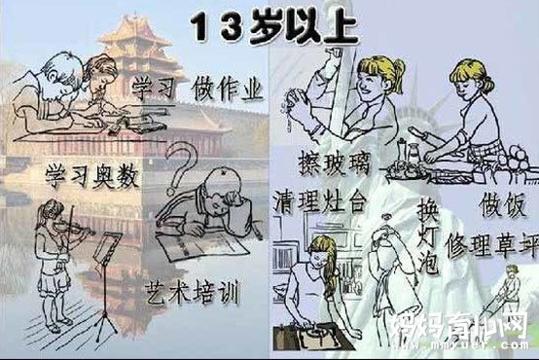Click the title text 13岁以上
pyautogui.click(x=269, y=24)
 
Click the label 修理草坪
pyautogui.click(x=486, y=240)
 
